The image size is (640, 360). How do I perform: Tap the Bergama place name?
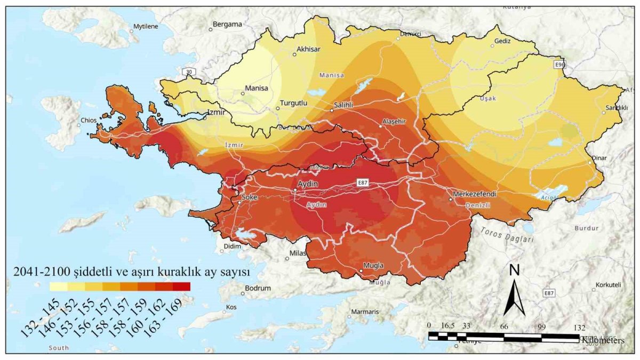[x=227, y=24]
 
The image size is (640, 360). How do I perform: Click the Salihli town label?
[x=343, y=105]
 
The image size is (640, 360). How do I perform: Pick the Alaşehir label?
[x=394, y=121]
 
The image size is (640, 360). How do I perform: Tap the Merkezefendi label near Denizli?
[x=474, y=194]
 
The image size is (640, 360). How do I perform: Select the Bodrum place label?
[x=258, y=288]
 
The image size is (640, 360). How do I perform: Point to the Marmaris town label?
[x=365, y=311]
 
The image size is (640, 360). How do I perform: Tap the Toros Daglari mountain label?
[x=507, y=235]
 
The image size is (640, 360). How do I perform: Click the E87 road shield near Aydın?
[x=363, y=182]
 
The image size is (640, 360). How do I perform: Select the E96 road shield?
[x=559, y=65]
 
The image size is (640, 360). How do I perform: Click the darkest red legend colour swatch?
[x=181, y=286]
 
